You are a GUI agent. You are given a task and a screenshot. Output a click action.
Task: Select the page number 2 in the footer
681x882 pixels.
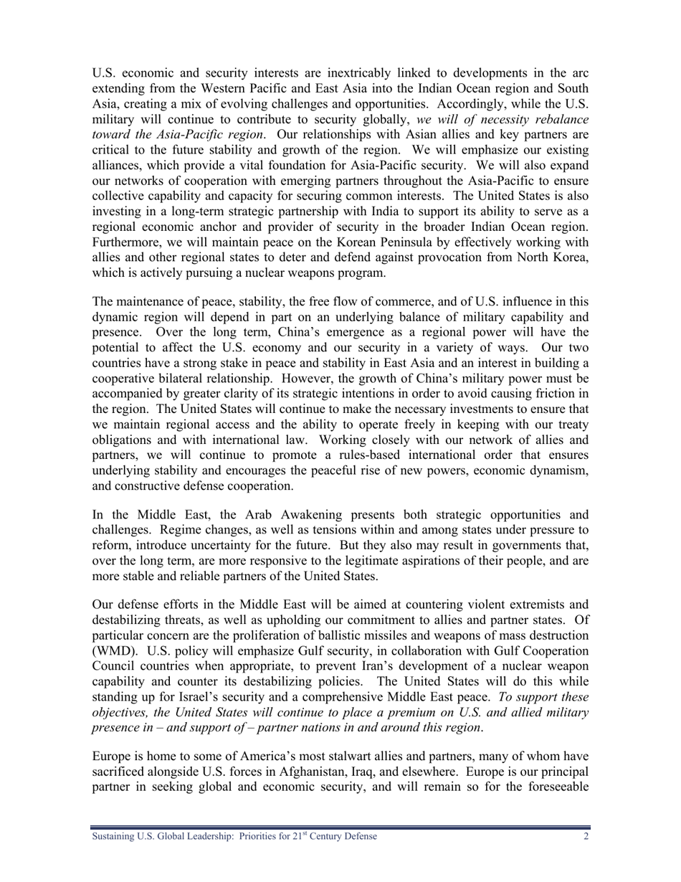click(x=586, y=836)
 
